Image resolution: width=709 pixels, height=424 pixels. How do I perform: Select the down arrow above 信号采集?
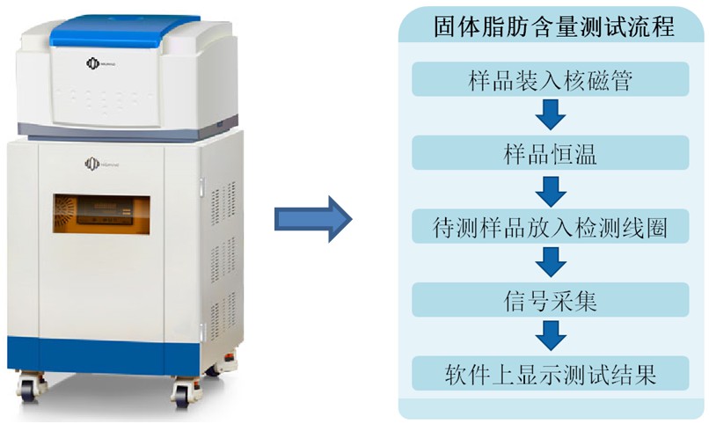552,261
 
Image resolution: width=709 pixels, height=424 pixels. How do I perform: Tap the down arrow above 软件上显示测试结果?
552,335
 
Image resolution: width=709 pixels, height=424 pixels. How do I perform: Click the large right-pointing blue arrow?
313,217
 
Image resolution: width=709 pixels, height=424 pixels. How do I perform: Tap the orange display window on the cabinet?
100,215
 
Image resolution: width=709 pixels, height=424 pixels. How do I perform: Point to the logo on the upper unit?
94,64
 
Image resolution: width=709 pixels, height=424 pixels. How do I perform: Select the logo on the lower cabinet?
94,163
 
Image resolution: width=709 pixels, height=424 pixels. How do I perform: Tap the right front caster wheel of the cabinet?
186,391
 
